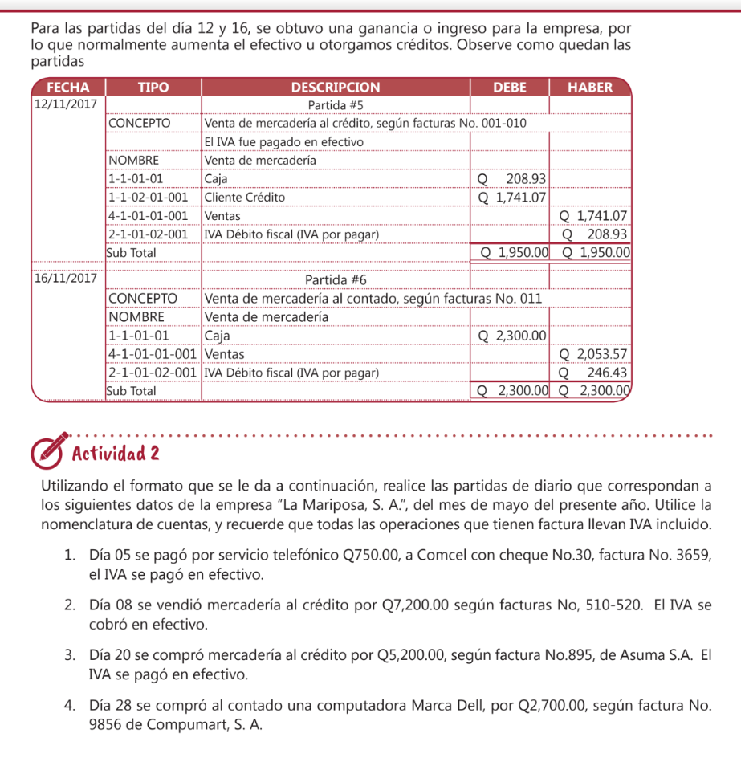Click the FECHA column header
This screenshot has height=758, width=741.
tap(67, 88)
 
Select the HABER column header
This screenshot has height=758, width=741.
tap(590, 88)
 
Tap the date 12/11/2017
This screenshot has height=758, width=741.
tap(66, 105)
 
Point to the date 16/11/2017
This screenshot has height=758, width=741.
tap(66, 279)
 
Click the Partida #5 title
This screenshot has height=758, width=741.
tap(336, 105)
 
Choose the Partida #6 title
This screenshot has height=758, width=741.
tap(336, 279)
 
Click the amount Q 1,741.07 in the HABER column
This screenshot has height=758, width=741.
tap(592, 215)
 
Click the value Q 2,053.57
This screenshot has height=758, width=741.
tap(592, 354)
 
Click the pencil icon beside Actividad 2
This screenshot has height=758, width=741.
tap(48, 451)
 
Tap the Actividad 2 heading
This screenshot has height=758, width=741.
tap(115, 453)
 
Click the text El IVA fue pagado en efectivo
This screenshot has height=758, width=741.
tap(283, 142)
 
